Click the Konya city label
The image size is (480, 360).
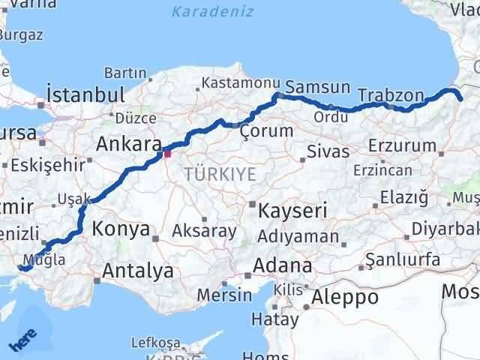coord(121,229)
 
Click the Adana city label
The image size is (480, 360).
coord(283,265)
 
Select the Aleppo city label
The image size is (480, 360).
coord(348,296)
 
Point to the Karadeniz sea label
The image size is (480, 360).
coord(212,12)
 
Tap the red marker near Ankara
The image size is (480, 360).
coord(168,153)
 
